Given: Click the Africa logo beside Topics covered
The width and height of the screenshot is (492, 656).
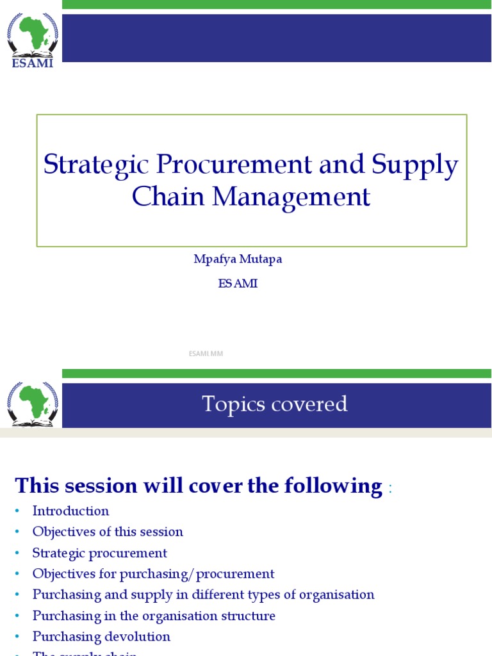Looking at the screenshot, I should [x=32, y=404].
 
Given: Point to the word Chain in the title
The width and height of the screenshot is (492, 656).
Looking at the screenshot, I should [x=168, y=197].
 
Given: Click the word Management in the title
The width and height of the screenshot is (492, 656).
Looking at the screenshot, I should [x=291, y=197].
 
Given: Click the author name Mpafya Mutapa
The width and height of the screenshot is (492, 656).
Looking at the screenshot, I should [x=238, y=259].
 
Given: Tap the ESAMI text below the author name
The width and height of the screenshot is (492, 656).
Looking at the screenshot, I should [x=238, y=283].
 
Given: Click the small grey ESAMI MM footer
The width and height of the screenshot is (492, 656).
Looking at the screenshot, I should [x=205, y=354].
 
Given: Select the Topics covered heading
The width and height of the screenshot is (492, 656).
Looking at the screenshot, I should [x=274, y=404].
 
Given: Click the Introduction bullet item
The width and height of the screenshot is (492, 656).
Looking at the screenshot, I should [x=70, y=511].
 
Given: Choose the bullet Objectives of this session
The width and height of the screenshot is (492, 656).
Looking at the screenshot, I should [x=108, y=532].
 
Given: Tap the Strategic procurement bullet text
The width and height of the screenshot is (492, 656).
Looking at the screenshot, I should [x=99, y=553].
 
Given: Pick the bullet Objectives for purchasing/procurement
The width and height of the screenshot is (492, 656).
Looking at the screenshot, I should [x=153, y=574].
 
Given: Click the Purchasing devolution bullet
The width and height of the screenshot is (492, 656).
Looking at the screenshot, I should [x=101, y=637].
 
